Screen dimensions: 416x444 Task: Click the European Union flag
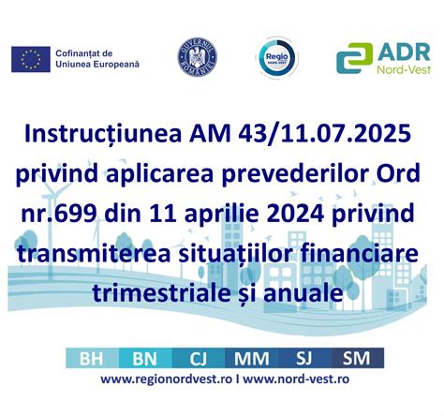coord(30,58)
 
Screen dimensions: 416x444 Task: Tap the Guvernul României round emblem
coord(196,57)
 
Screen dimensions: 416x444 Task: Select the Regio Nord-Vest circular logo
coord(277,58)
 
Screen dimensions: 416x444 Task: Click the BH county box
coord(92,358)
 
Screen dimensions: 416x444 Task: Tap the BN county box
coord(145,358)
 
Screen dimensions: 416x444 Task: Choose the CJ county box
coord(198,358)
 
